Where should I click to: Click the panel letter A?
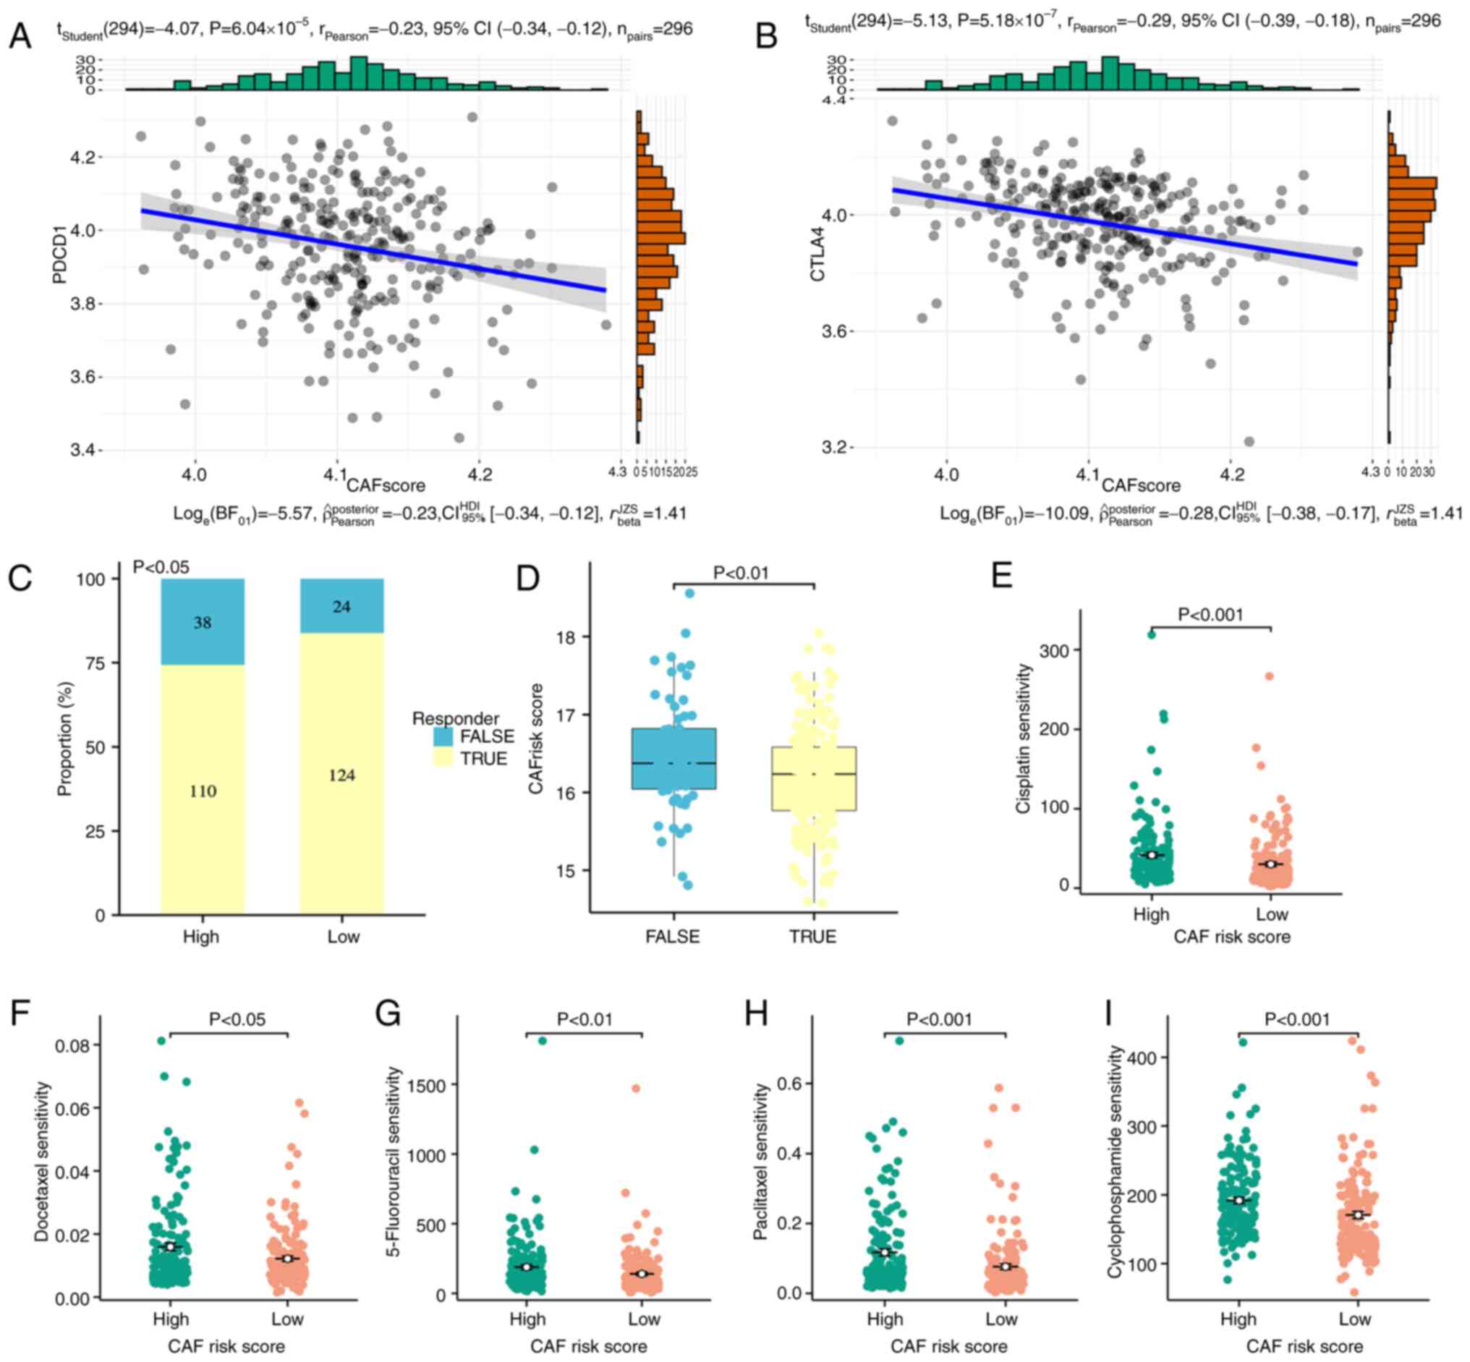point(20,35)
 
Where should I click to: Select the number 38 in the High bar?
point(202,623)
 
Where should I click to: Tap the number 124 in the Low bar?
point(341,775)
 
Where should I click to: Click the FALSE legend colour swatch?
point(443,736)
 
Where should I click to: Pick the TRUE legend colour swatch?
point(443,758)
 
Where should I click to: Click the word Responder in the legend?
point(455,718)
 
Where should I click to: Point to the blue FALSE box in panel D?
point(673,758)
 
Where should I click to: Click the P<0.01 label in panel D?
point(741,573)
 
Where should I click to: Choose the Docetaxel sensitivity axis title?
point(42,1162)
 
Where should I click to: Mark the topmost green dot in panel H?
point(898,1041)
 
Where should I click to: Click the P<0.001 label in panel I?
point(1297,1019)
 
